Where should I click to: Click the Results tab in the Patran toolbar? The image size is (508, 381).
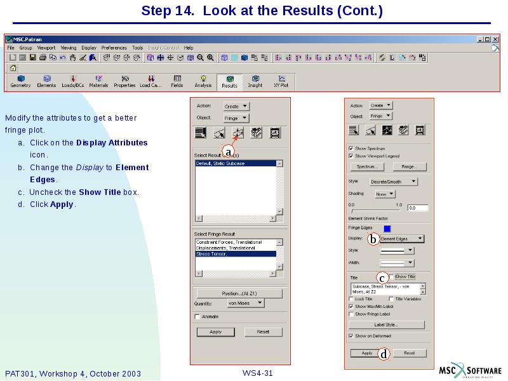click(229, 82)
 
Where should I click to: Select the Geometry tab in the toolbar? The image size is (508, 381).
click(20, 82)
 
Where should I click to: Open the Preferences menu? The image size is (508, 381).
click(114, 48)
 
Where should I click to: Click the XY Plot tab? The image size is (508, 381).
click(281, 82)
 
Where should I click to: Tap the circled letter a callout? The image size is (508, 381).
click(227, 152)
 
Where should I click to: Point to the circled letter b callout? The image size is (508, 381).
click(373, 239)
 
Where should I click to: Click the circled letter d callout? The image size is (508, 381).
click(384, 354)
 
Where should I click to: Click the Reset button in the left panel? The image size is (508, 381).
click(263, 332)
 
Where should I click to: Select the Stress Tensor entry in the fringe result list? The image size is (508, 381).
click(236, 254)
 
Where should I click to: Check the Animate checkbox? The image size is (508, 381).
click(197, 316)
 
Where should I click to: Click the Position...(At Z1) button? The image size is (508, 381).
click(239, 293)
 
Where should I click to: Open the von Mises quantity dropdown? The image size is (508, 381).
click(245, 304)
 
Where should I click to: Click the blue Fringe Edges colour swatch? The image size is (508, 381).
click(387, 228)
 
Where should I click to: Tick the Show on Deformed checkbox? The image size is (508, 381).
click(351, 336)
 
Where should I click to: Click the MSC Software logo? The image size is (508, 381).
click(470, 371)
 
